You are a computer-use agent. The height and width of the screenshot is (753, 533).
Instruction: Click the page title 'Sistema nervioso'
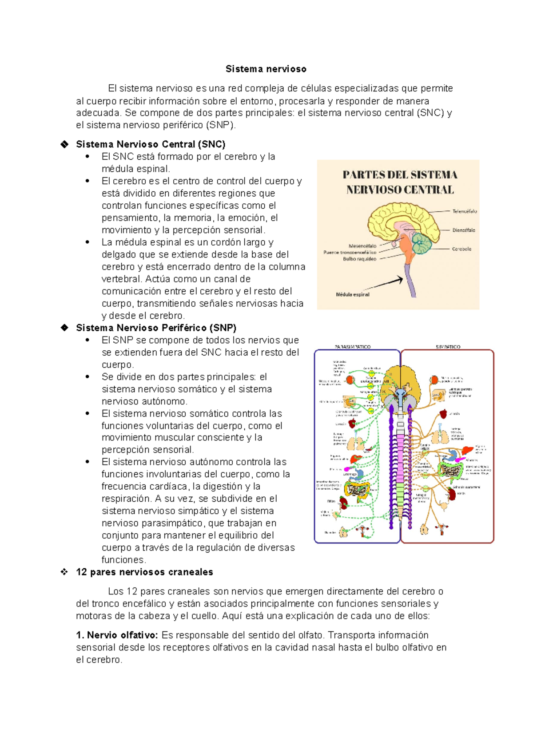(266, 69)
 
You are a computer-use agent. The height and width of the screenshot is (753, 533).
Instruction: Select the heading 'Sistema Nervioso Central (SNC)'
(151, 144)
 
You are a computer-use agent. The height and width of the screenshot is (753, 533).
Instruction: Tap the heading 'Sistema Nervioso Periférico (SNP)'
(156, 328)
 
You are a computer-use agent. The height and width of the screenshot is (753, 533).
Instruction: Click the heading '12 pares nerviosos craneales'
(144, 572)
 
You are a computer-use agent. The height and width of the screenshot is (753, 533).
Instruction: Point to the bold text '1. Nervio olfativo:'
(117, 635)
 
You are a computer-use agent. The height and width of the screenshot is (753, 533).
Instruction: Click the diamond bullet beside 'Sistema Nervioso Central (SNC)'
(65, 144)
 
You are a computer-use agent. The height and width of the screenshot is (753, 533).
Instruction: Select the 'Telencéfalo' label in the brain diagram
(464, 211)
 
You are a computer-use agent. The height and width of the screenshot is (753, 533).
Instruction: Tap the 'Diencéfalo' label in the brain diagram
(463, 230)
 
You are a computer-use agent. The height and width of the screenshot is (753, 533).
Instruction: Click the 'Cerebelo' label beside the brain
(461, 249)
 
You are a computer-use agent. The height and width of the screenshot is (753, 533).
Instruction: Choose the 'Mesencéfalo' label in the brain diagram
(362, 246)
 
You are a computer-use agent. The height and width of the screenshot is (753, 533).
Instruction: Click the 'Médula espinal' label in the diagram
(352, 294)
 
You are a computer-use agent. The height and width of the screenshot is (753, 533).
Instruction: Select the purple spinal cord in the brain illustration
(411, 284)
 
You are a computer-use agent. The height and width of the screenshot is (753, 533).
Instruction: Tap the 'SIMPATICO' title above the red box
(448, 347)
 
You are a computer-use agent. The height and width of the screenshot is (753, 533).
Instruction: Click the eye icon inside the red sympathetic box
(434, 380)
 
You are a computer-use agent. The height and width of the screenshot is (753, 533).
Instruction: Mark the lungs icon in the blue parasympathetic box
(354, 443)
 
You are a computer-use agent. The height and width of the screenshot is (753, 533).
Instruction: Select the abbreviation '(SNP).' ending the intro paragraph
(221, 125)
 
